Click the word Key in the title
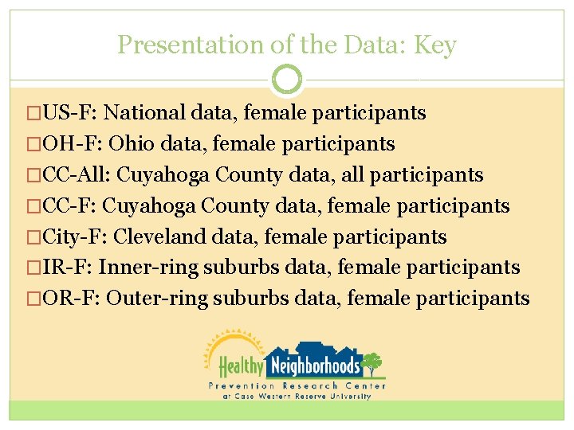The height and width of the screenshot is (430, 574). coord(435,45)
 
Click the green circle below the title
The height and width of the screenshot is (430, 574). coord(287,80)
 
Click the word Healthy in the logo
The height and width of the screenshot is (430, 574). coord(241,366)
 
